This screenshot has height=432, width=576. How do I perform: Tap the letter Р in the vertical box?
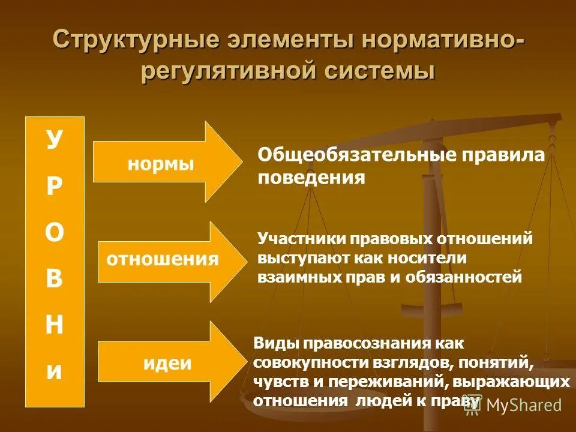(54, 187)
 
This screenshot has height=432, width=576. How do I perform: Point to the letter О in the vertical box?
(54, 234)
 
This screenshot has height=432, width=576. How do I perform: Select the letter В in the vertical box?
(54, 280)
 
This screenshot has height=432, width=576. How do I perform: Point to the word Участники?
(300, 238)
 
